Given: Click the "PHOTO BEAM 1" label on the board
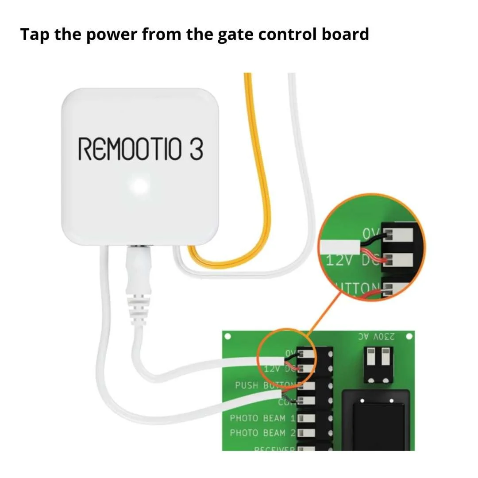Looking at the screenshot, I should pyautogui.click(x=262, y=418).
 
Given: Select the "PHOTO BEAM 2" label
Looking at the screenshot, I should pyautogui.click(x=262, y=432).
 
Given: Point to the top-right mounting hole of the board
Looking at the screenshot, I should pyautogui.click(x=408, y=337).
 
